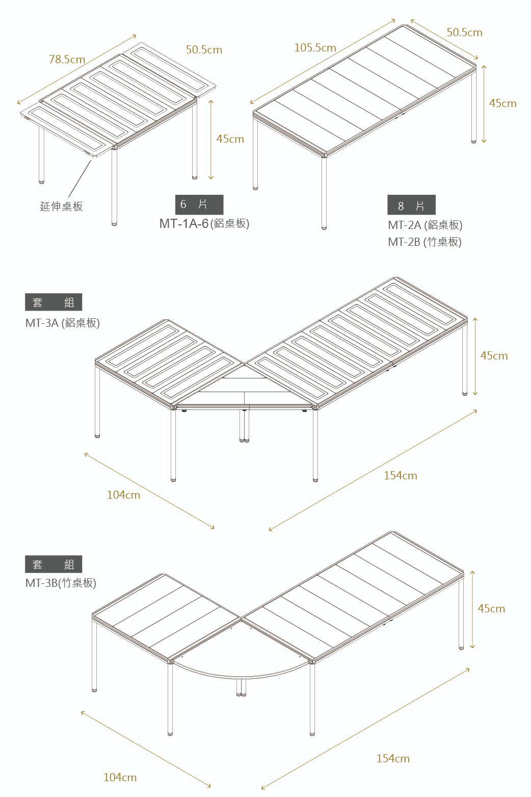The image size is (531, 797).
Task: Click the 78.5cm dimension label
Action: [x=67, y=60]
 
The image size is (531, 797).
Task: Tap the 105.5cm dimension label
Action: [x=315, y=48]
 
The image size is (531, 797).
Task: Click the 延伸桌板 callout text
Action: [x=61, y=207]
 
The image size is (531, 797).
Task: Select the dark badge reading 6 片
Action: [x=199, y=204]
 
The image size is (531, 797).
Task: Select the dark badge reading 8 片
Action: [x=411, y=205]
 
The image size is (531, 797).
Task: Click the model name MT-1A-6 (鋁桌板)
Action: [x=204, y=223]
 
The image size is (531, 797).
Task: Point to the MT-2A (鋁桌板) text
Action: [x=425, y=225]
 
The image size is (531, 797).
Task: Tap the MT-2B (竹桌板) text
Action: [x=424, y=242]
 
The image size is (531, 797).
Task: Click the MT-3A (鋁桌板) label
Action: [x=63, y=323]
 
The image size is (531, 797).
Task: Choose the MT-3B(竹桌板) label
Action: [x=61, y=583]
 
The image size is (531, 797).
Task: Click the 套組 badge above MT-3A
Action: [x=54, y=302]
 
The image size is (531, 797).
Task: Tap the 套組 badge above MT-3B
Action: [x=54, y=564]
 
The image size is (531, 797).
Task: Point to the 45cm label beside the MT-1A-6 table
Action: [x=230, y=139]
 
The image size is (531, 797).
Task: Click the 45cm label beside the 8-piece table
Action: [x=502, y=104]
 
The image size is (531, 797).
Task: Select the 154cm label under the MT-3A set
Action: [x=400, y=476]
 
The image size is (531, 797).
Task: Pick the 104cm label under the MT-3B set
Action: [x=120, y=777]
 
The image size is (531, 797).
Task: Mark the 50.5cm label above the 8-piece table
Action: [x=464, y=33]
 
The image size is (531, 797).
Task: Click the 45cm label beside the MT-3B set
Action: [x=491, y=608]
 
